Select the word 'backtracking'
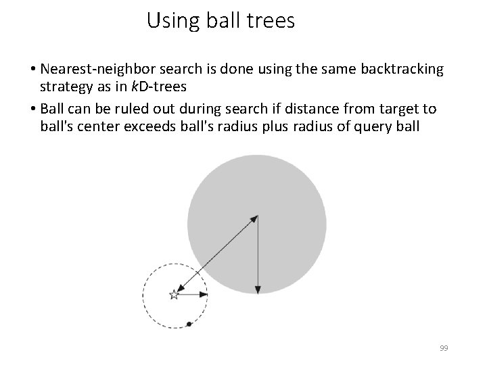coord(404,70)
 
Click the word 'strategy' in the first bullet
coord(66,87)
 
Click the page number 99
coord(444,347)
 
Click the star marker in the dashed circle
coord(174,294)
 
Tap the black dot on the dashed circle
coord(189,324)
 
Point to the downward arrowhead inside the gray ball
coord(258,289)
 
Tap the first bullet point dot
coord(32,70)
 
